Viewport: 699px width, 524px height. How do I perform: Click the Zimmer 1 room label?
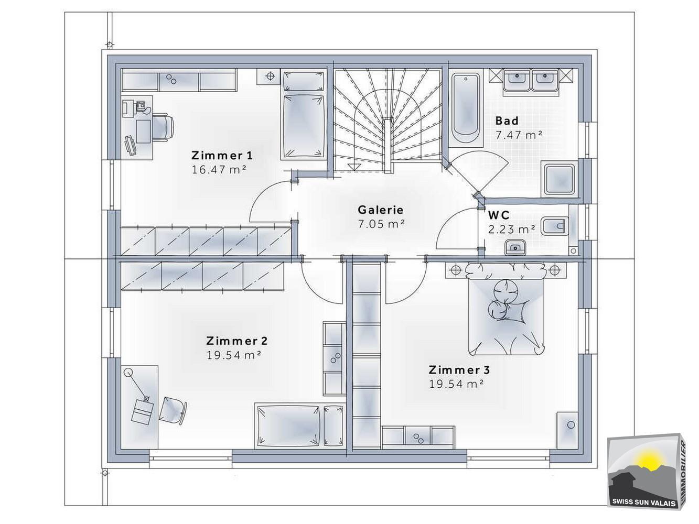coord(222,156)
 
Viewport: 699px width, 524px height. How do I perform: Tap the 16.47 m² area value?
coord(219,169)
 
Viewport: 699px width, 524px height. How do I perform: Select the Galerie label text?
coord(381,210)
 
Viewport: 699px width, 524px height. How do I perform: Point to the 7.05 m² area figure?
coord(381,224)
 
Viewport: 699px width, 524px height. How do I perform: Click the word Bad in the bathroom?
coord(507,121)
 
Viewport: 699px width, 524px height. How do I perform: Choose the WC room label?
coord(499,215)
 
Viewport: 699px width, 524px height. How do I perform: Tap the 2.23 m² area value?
coord(511,230)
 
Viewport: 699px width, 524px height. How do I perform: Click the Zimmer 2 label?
coord(237,341)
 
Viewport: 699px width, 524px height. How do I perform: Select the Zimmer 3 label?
coord(459,370)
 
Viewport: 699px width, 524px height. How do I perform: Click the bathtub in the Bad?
coord(466,109)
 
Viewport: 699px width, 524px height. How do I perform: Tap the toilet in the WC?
coord(555,226)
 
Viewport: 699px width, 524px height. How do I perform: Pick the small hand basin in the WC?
coord(515,247)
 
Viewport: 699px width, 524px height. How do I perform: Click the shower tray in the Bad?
coord(559,179)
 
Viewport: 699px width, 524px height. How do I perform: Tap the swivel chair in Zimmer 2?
coord(173,410)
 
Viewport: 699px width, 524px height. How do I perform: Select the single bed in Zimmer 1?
coord(304,114)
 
